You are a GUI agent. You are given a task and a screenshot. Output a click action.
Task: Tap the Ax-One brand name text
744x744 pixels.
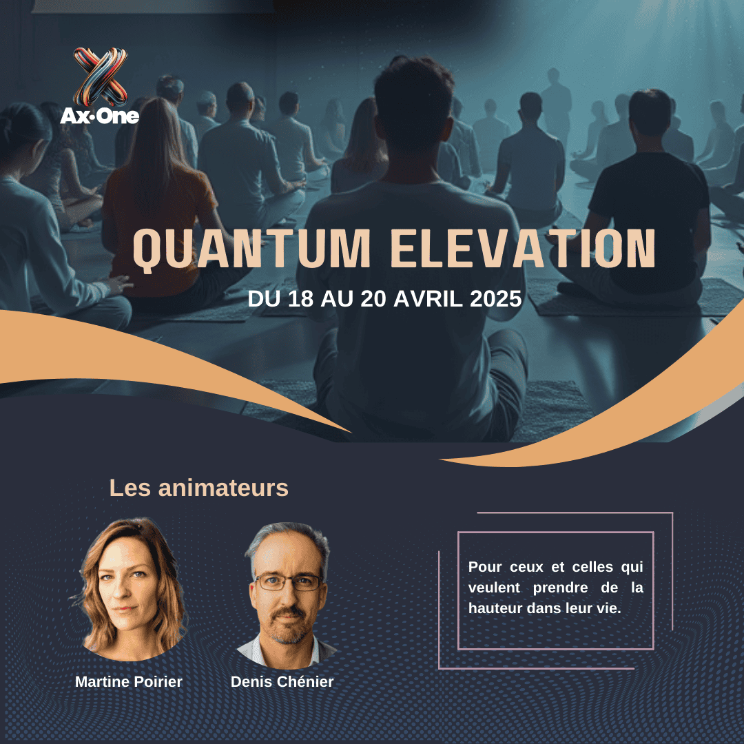point(100,116)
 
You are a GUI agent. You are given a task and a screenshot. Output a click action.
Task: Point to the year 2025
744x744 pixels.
point(495,299)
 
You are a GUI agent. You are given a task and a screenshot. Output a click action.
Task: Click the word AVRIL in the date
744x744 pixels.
point(428,299)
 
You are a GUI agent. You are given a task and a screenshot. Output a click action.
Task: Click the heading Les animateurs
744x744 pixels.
point(199,488)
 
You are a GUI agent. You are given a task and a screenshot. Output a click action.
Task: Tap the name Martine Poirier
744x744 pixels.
point(129,682)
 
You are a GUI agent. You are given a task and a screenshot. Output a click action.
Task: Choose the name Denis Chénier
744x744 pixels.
point(282,682)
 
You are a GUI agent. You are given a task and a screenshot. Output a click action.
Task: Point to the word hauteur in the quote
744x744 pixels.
point(496,608)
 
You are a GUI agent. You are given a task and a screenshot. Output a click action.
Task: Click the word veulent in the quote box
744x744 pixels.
point(494,588)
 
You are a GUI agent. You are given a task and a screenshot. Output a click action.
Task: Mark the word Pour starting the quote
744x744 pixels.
point(485,567)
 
